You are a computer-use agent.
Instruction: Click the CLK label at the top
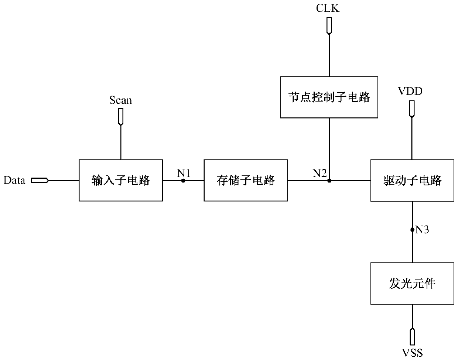click(x=328, y=8)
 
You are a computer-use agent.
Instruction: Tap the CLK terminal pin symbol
click(x=329, y=26)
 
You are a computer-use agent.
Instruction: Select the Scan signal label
click(x=120, y=100)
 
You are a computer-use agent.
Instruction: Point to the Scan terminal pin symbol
click(x=121, y=117)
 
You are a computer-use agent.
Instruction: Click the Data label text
click(x=14, y=180)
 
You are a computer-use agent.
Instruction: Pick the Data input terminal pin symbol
click(x=40, y=181)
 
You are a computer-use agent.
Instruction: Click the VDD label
click(x=410, y=91)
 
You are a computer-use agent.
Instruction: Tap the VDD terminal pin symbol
click(x=412, y=109)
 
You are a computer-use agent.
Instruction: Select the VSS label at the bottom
click(x=412, y=353)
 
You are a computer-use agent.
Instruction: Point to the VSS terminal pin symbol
click(x=413, y=337)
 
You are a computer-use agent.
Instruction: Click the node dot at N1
click(x=183, y=181)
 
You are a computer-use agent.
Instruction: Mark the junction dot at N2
click(x=329, y=181)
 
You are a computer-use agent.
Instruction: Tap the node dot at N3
click(x=412, y=230)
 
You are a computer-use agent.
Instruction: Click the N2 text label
click(x=319, y=173)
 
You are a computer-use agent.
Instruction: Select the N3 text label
click(x=422, y=230)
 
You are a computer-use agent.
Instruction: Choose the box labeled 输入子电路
click(x=121, y=180)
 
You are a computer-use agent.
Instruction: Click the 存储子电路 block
click(x=246, y=180)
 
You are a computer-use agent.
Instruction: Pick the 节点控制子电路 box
click(x=329, y=97)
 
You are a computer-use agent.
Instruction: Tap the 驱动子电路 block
click(x=412, y=180)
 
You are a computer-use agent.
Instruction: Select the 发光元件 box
click(x=412, y=284)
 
